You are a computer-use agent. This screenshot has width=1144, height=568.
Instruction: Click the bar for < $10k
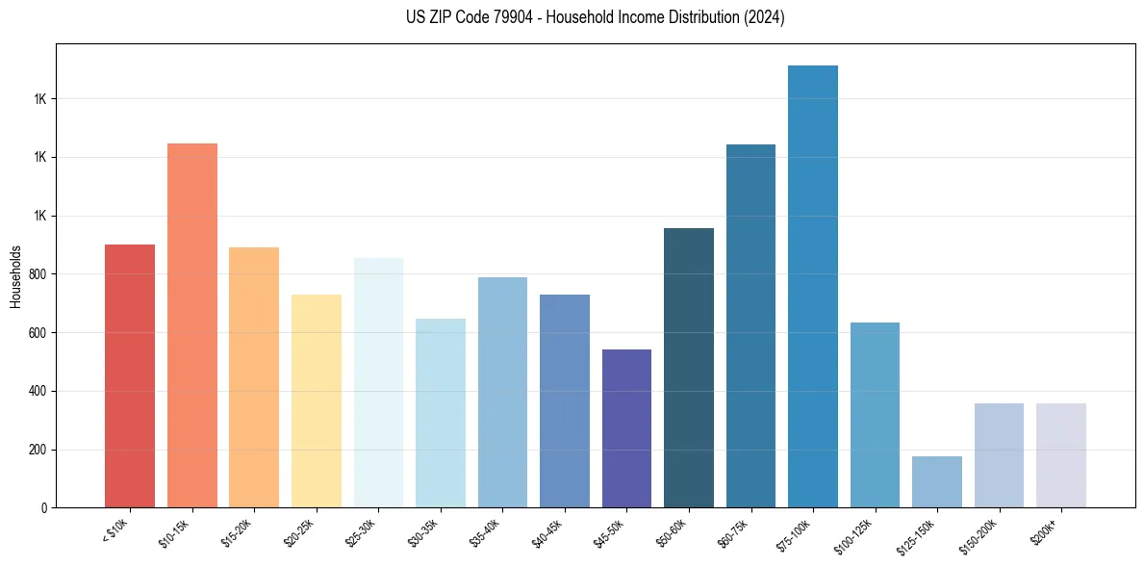click(130, 375)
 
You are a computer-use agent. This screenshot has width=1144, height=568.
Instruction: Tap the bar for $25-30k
click(378, 382)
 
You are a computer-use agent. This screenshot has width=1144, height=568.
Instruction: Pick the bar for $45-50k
click(626, 428)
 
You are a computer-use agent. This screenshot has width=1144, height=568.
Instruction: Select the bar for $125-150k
click(937, 481)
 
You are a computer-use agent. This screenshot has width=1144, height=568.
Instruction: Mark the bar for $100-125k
click(875, 415)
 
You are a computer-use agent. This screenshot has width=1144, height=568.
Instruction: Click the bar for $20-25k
click(317, 400)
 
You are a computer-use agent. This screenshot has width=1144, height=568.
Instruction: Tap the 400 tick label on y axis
click(38, 391)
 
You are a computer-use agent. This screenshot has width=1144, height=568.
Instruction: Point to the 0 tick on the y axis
click(44, 507)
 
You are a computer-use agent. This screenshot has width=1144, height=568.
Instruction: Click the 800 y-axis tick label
click(38, 274)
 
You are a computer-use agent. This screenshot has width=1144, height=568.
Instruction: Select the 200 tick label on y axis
click(38, 450)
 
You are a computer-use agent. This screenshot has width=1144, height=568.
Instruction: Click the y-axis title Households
click(15, 276)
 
